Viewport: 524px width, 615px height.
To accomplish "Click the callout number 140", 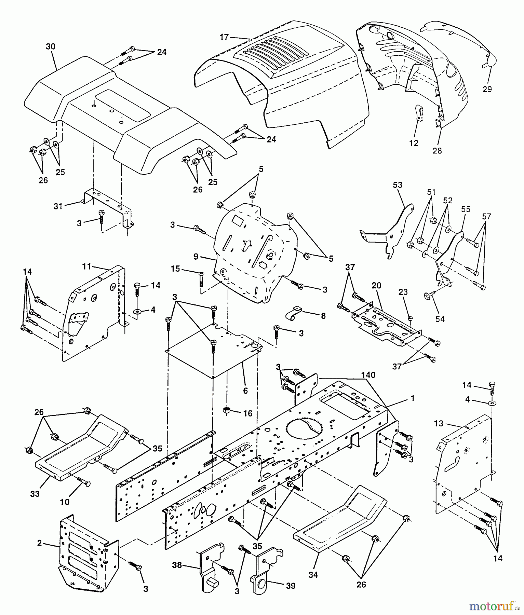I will click(x=367, y=375).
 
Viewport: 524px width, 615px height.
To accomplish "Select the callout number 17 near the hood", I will click(x=224, y=37).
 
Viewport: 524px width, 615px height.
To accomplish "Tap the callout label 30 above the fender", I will click(x=50, y=46).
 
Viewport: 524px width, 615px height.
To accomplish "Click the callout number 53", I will click(x=398, y=185).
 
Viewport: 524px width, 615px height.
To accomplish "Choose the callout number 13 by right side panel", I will click(x=439, y=423).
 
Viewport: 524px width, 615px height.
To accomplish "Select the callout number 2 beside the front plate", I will click(x=40, y=543).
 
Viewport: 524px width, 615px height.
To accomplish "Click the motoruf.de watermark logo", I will click(x=495, y=606).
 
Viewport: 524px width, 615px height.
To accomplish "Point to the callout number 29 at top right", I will click(x=487, y=89).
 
